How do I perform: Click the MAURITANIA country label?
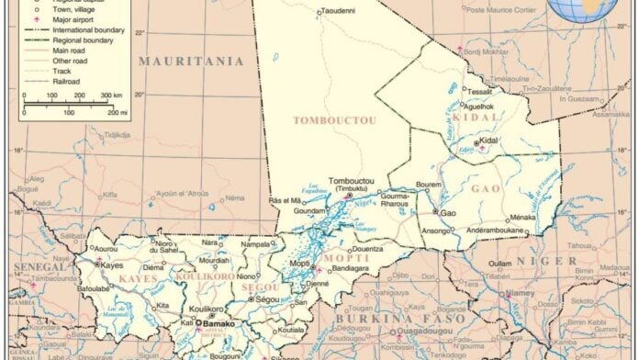coord(191,62)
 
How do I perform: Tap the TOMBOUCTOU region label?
coord(321,120)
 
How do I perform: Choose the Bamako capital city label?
coord(219,324)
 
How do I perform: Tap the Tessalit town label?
coord(479,92)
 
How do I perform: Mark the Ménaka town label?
coord(522,218)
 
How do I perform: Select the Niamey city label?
coord(521,294)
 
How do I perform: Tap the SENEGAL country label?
coord(33,266)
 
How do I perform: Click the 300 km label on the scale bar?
coord(111,95)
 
